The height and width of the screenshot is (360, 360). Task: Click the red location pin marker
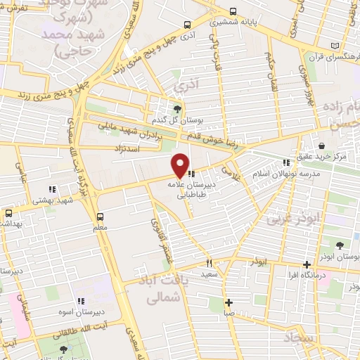181,165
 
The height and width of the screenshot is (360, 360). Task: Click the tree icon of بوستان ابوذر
340,245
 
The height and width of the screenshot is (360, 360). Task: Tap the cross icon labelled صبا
228,303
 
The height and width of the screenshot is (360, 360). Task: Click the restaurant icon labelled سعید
208,263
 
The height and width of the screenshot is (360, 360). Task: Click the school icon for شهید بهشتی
51,188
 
